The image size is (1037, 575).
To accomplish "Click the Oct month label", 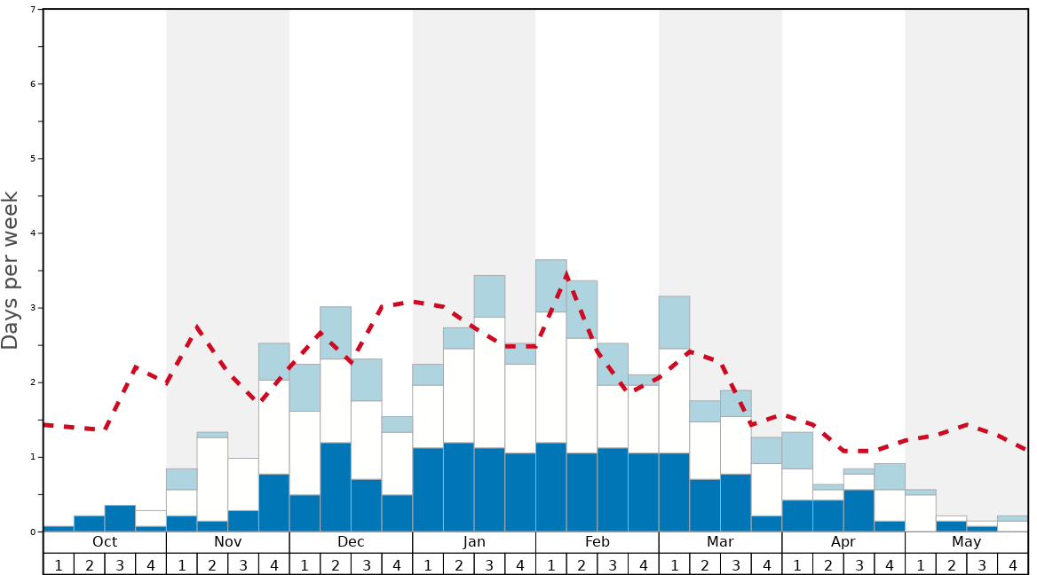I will (x=105, y=542).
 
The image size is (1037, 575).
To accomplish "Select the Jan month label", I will (x=474, y=542).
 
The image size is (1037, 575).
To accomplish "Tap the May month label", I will (x=967, y=542).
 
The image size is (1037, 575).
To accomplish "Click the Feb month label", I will (x=598, y=542).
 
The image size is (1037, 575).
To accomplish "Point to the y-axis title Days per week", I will (x=11, y=271).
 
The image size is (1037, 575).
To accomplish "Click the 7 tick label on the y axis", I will (x=33, y=10).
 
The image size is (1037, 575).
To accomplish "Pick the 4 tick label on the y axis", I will (x=33, y=233).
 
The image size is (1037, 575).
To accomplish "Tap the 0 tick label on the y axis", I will (x=33, y=532).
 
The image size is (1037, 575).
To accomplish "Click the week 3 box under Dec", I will (x=367, y=564).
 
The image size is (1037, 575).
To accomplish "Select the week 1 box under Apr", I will (x=797, y=564).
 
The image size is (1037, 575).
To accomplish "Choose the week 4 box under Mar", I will (x=766, y=564).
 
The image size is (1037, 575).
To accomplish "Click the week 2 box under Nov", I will (x=212, y=564).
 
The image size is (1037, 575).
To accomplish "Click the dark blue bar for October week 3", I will (x=120, y=518).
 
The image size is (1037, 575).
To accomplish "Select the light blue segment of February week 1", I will (x=551, y=286).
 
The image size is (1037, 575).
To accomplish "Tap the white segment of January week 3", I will (x=489, y=382).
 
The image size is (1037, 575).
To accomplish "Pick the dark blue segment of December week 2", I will (x=336, y=487).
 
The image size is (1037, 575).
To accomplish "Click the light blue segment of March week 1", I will (x=674, y=322).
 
